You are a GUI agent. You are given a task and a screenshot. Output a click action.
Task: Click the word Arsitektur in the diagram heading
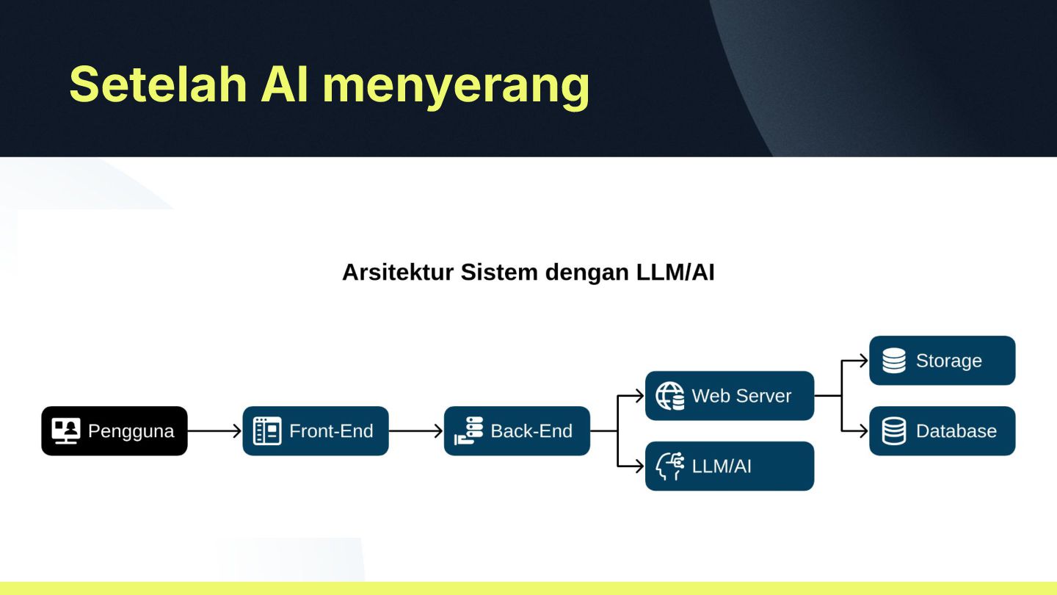point(399,273)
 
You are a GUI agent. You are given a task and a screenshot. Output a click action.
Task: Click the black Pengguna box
point(115,431)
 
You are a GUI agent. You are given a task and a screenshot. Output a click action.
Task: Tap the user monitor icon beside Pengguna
point(66,431)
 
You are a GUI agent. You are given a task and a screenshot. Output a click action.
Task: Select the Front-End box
point(316,431)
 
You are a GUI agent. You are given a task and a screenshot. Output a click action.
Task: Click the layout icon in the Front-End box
point(267,431)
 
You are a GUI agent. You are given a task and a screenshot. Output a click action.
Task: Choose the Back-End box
point(517,431)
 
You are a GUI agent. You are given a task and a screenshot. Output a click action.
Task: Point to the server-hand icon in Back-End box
point(468,431)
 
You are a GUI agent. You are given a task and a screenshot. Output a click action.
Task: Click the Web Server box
point(730,396)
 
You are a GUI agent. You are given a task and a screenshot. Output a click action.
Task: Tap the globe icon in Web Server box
point(669,396)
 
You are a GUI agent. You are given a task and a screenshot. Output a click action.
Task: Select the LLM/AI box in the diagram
point(730,466)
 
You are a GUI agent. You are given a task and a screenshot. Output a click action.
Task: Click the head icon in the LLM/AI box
point(669,466)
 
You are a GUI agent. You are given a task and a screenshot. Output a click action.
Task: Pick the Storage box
point(942,361)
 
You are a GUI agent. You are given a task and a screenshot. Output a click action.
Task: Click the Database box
point(942,431)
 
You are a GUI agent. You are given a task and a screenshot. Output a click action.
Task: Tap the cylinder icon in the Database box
point(893,431)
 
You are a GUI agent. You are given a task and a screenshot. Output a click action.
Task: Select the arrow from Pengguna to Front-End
point(214,431)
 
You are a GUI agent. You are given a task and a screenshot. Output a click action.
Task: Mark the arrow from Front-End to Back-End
point(416,431)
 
